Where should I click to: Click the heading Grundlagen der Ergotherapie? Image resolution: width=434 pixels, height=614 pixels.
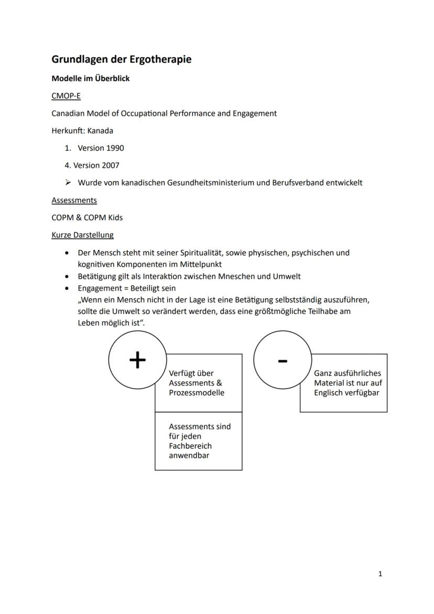pyautogui.click(x=121, y=59)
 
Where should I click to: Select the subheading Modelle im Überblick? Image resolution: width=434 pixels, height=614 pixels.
pyautogui.click(x=90, y=79)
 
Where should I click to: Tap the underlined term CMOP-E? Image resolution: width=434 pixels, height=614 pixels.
pyautogui.click(x=66, y=96)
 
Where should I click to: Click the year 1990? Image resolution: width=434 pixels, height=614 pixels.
pyautogui.click(x=115, y=148)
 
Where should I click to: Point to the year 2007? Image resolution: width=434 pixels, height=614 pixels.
pyautogui.click(x=110, y=165)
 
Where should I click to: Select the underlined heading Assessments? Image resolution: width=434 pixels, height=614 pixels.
pyautogui.click(x=74, y=200)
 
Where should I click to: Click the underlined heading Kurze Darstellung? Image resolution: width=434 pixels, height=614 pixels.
pyautogui.click(x=82, y=235)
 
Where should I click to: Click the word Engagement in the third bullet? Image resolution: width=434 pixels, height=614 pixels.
pyautogui.click(x=99, y=288)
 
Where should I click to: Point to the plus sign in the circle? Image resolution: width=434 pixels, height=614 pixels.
pyautogui.click(x=137, y=360)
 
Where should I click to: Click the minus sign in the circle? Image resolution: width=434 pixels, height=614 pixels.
pyautogui.click(x=283, y=361)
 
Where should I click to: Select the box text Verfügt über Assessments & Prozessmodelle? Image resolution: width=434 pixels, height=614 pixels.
pyautogui.click(x=197, y=383)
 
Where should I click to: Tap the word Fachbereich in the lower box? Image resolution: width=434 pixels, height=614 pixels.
pyautogui.click(x=190, y=446)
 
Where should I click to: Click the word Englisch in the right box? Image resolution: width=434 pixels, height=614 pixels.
pyautogui.click(x=329, y=393)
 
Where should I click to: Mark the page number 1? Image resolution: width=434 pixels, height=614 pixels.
pyautogui.click(x=380, y=574)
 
